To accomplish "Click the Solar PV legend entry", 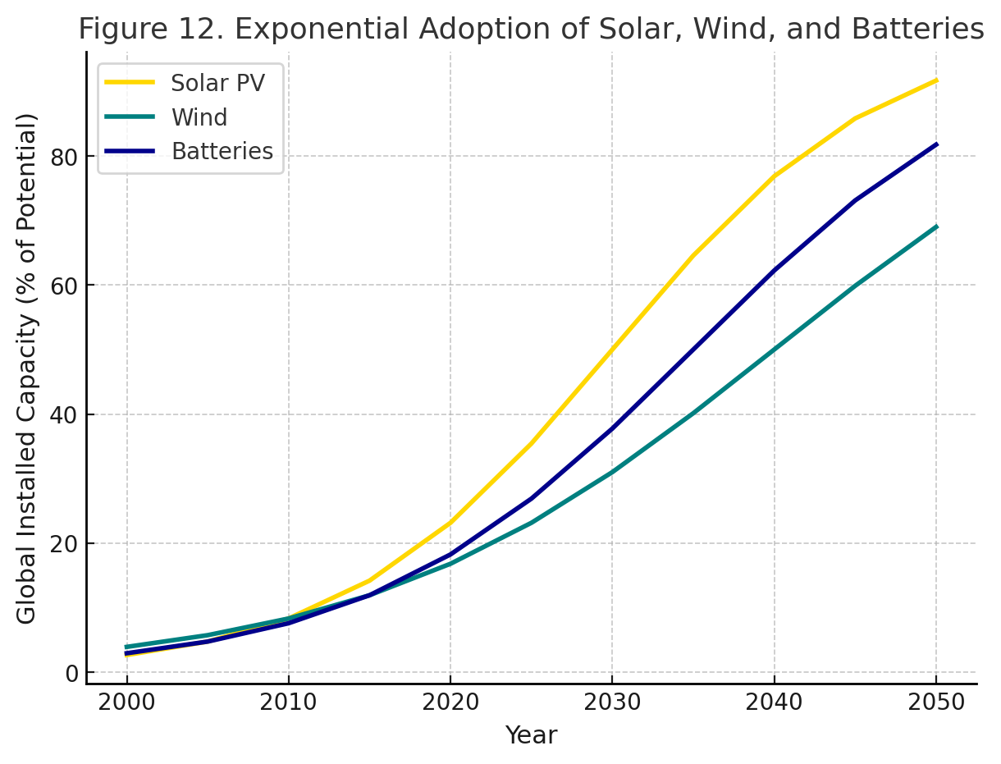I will (217, 83).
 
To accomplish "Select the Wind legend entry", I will (199, 117).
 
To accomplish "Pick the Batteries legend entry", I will (222, 152).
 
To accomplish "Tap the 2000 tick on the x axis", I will (126, 703).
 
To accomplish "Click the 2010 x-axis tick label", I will (289, 703).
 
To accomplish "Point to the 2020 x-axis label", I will (450, 703).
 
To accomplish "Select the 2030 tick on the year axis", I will (612, 703).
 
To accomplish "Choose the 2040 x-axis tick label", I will (775, 703).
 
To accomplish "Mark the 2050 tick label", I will (936, 703).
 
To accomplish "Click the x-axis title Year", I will (531, 735).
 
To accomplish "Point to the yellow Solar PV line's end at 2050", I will (936, 80).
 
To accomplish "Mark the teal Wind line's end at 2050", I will (936, 226).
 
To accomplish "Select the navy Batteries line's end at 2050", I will (936, 144).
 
